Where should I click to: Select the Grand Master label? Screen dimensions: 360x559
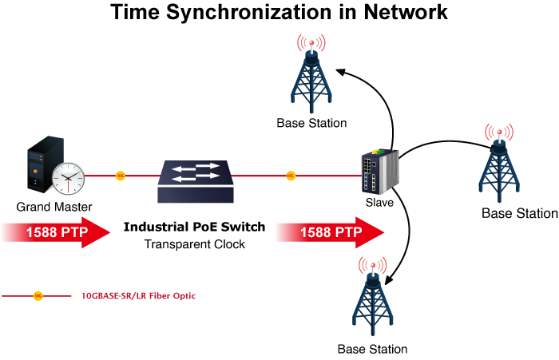coord(54,208)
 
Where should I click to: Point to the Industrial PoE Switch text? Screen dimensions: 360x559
coord(194,227)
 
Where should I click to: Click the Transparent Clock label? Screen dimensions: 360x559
coord(194,244)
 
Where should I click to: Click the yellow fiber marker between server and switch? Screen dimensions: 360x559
coord(120,176)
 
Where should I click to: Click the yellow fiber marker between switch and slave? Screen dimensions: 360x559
coord(291,176)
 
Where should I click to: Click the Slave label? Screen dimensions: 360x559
coord(379,203)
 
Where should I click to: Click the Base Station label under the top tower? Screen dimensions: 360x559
coord(311,124)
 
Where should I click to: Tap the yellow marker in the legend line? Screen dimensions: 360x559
coord(38,296)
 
